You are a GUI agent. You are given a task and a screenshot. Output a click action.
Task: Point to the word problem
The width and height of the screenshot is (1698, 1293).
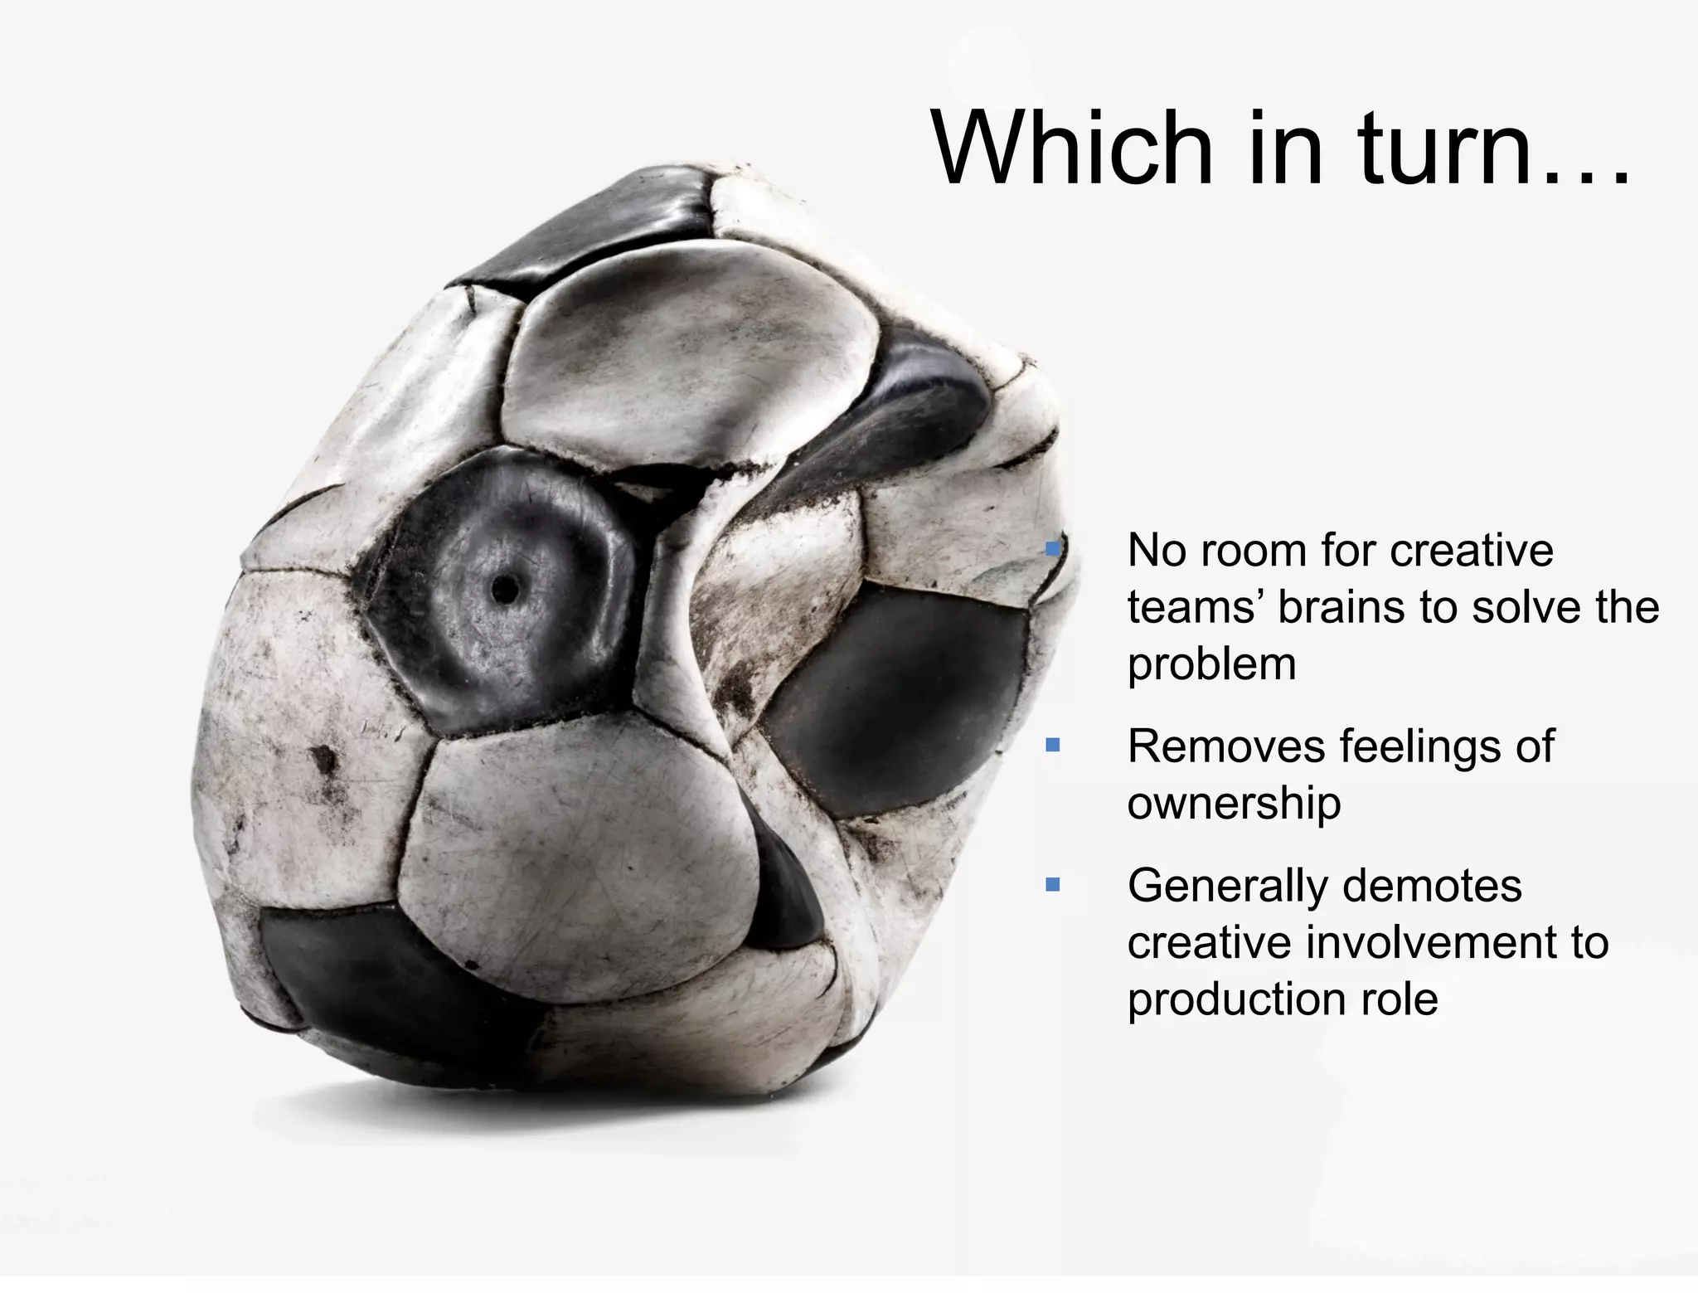point(1211,665)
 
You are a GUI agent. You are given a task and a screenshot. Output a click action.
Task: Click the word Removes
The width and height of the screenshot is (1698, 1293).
point(1227,746)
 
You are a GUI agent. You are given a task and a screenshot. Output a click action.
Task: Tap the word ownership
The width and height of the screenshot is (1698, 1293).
point(1234,804)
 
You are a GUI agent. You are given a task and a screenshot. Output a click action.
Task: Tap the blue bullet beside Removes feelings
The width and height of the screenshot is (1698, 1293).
point(1053,745)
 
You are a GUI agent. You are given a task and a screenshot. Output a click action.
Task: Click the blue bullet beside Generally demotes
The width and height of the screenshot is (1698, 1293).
point(1053,884)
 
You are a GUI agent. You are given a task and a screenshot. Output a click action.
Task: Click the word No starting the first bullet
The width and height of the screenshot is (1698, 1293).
point(1156,551)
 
